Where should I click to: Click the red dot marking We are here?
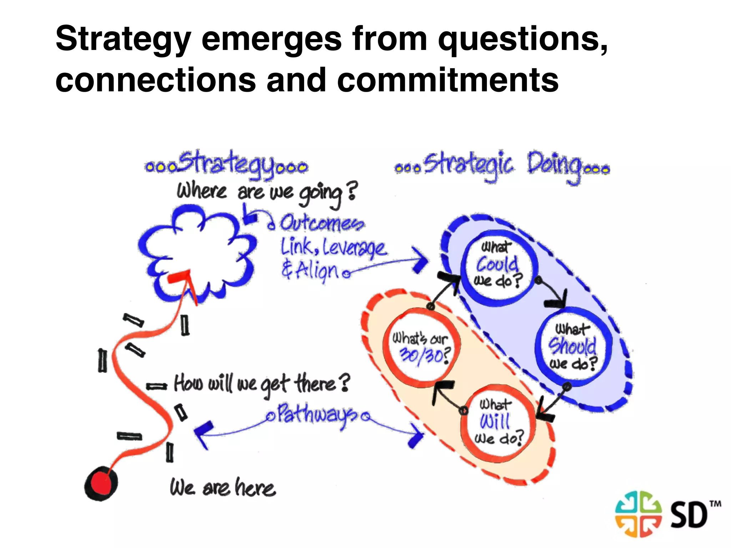tap(101, 484)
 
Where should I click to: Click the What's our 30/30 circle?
tap(421, 347)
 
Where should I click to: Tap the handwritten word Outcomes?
tap(321, 224)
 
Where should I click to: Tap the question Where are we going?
tap(266, 193)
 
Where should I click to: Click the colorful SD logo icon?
tap(638, 514)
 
